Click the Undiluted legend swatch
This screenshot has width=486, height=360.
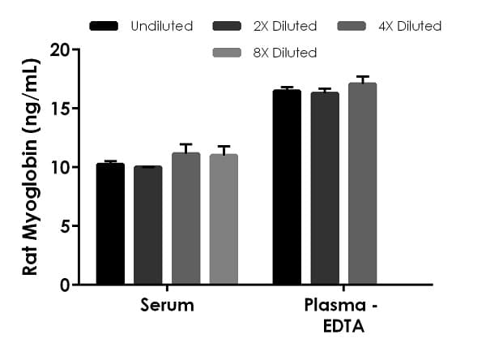click(104, 26)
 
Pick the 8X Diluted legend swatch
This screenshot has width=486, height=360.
click(227, 53)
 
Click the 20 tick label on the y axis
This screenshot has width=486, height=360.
click(58, 49)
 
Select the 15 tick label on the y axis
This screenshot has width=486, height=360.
click(58, 109)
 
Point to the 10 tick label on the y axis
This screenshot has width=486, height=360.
click(58, 167)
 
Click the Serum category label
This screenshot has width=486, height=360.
click(167, 306)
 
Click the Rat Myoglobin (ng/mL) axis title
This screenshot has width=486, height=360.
click(30, 167)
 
